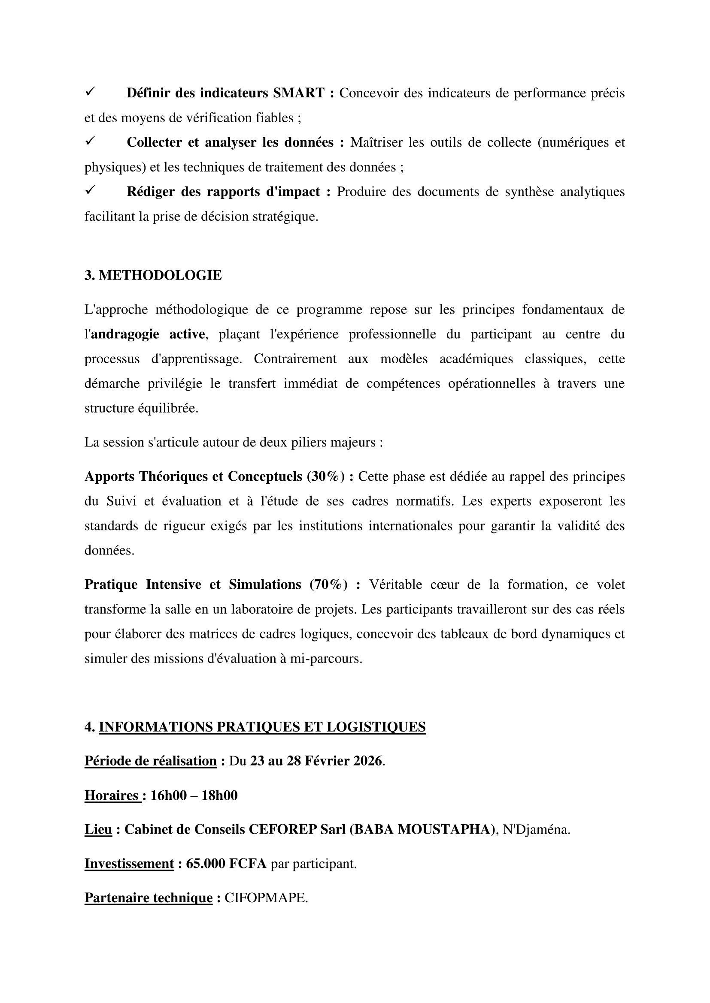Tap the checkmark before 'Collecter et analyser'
pos(91,141)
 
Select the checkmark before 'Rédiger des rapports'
pos(91,190)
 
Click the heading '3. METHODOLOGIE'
pos(153,275)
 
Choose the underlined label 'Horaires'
pos(112,795)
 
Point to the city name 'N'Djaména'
pos(536,830)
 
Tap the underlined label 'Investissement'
pos(129,864)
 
